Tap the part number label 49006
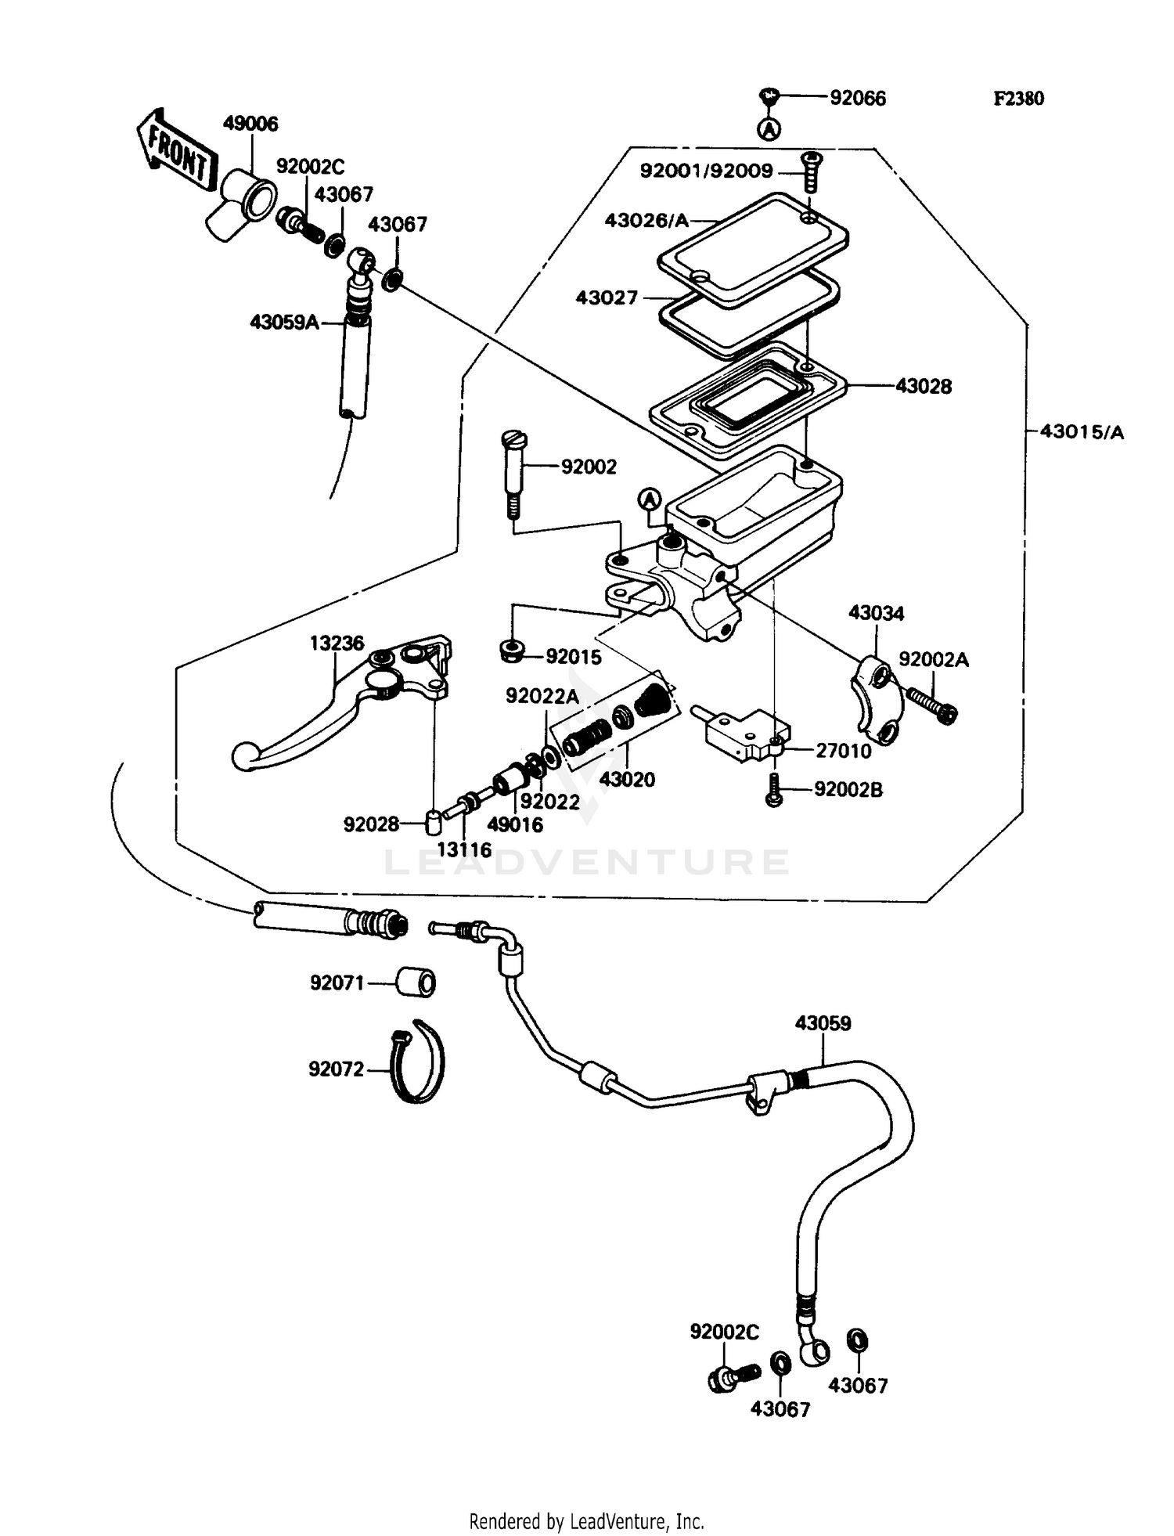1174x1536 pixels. click(250, 124)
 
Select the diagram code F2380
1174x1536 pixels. click(1018, 99)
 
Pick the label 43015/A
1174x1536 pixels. click(1082, 432)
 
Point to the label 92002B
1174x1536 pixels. click(848, 790)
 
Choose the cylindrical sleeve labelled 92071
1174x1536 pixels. click(416, 983)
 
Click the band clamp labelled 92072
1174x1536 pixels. click(419, 1062)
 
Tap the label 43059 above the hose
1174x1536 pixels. click(823, 1023)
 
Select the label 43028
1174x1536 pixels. click(924, 386)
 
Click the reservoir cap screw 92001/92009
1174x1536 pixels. click(811, 172)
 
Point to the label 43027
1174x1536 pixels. click(607, 298)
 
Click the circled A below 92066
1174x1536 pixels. click(771, 128)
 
